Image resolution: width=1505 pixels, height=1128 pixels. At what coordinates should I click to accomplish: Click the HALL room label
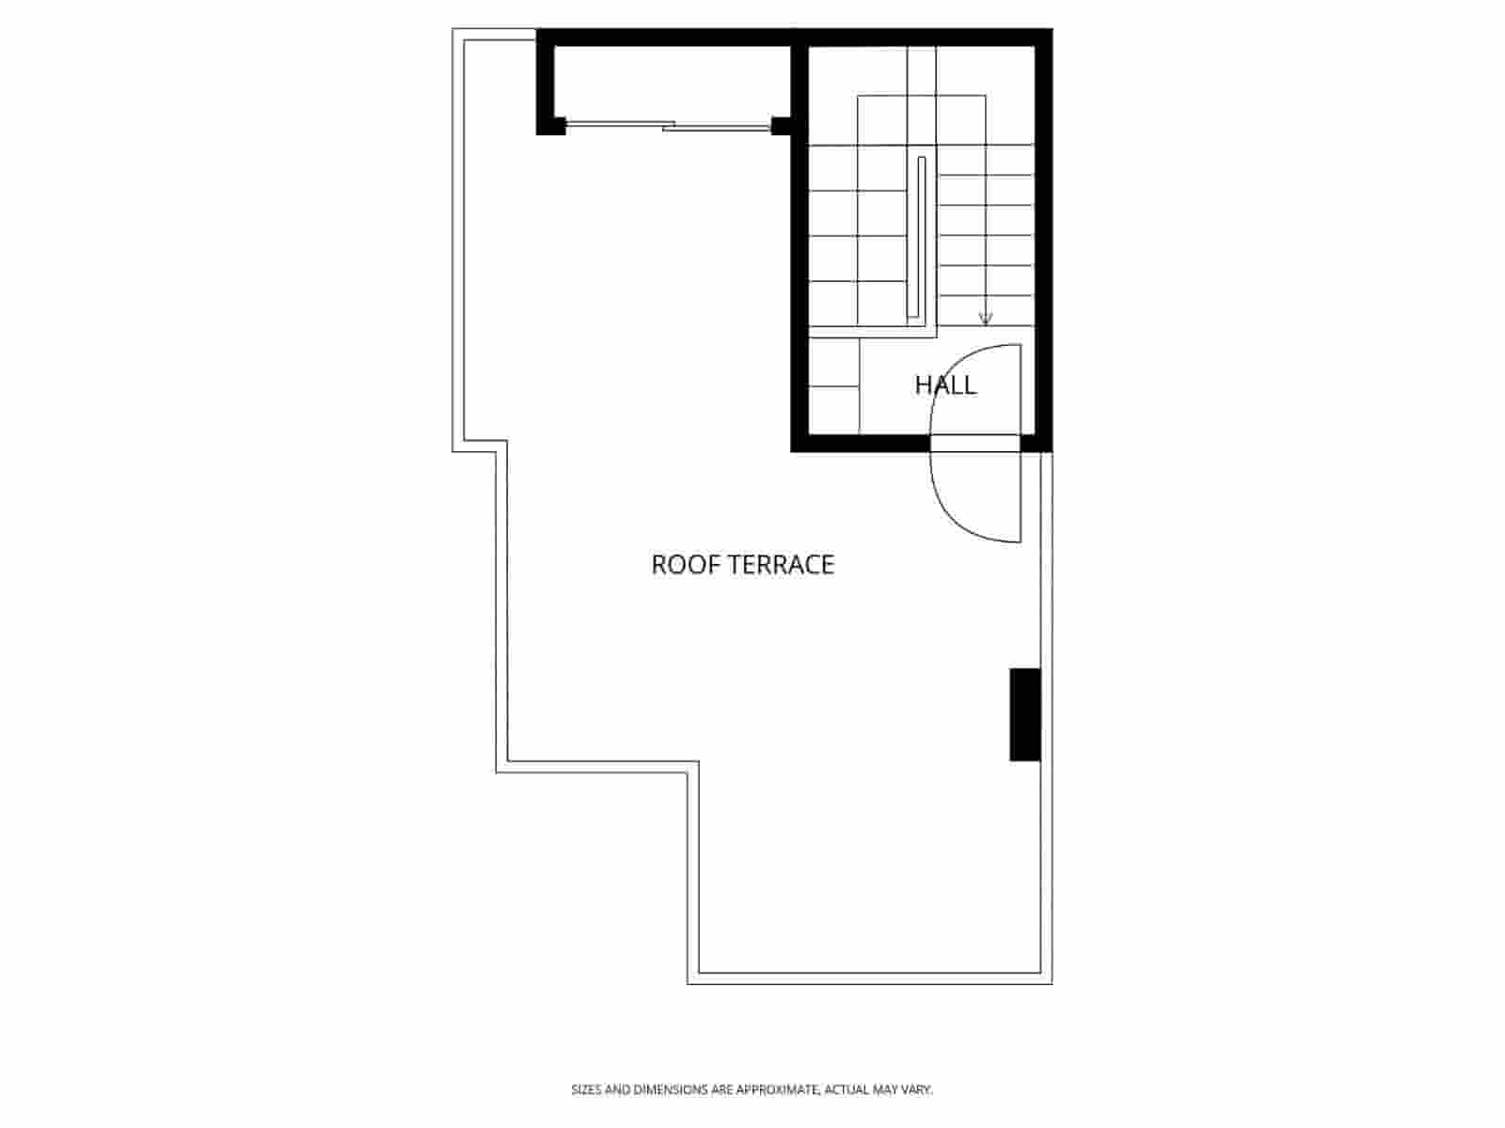pyautogui.click(x=945, y=384)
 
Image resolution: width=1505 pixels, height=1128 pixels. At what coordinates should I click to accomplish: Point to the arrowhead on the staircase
pyautogui.click(x=985, y=319)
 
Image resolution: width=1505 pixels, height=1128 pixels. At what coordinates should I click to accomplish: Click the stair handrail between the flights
pyautogui.click(x=921, y=240)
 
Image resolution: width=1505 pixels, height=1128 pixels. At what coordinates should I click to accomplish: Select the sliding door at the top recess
pyautogui.click(x=668, y=125)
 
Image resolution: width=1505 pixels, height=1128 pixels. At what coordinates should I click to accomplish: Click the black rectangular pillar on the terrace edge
pyautogui.click(x=1024, y=713)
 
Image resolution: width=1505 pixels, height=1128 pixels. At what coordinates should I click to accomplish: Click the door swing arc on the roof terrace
pyautogui.click(x=950, y=517)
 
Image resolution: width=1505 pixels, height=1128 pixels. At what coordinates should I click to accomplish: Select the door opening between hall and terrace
pyautogui.click(x=974, y=444)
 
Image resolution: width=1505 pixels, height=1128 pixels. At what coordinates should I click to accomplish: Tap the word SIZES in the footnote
pyautogui.click(x=585, y=1089)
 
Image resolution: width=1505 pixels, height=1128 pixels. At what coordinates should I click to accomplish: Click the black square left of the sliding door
pyautogui.click(x=552, y=125)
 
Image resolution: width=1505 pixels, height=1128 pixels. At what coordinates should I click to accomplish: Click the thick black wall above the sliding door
pyautogui.click(x=668, y=38)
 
